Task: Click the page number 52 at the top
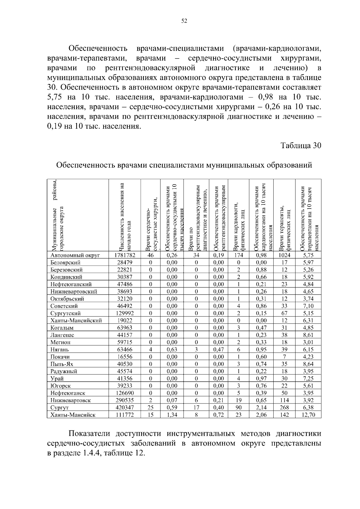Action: pos(184,21)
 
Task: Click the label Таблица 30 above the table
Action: pos(301,146)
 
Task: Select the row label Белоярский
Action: pos(65,263)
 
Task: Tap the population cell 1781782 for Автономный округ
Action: pos(124,255)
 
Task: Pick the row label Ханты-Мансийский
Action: pos(76,320)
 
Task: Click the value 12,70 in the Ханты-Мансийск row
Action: pos(308,415)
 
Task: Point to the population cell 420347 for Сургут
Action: pos(124,408)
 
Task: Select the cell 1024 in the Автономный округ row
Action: pos(284,255)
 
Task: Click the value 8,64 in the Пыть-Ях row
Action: pos(308,364)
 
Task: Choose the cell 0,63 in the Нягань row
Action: pos(172,350)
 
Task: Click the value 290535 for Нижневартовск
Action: pos(124,400)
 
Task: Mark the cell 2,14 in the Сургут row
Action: pos(261,408)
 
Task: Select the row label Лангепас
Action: pos(62,335)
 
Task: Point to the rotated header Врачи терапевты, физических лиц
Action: pos(284,228)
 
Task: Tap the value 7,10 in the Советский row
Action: pos(308,306)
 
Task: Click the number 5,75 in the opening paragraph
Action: pos(55,97)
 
